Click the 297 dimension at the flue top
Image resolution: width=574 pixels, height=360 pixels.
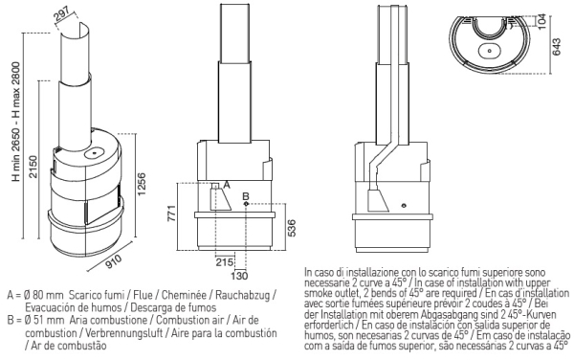62,15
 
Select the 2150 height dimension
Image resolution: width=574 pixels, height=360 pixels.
33,167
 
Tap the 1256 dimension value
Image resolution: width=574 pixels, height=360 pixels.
141,184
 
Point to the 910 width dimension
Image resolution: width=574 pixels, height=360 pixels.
114,261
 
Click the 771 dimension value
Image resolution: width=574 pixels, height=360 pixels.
171,214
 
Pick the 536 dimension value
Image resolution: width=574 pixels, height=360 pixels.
291,228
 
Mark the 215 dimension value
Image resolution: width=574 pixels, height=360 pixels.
224,262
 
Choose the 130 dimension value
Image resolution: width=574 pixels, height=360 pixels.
240,276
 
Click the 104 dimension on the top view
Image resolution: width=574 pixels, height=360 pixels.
542,21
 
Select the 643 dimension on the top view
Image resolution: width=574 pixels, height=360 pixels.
556,47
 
